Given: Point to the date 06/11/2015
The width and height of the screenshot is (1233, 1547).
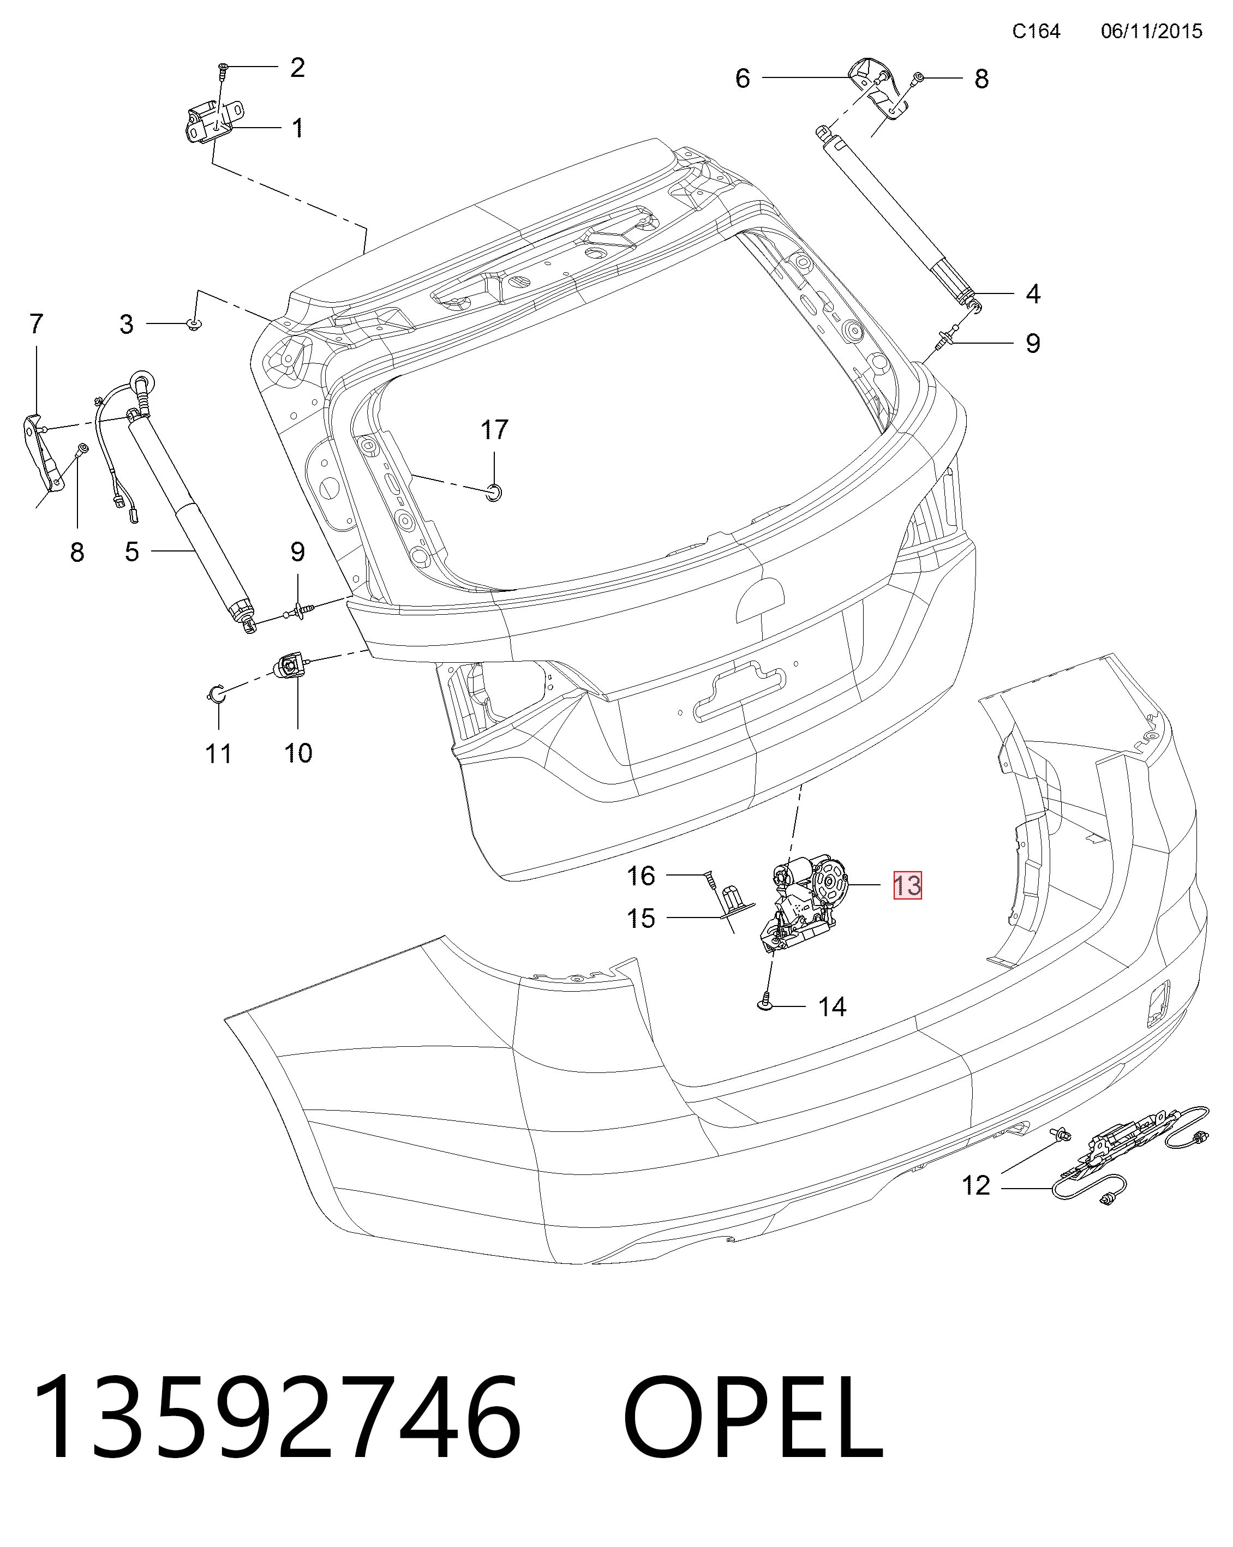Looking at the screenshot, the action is tap(1151, 31).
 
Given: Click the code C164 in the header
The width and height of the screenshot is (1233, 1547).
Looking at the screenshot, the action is tap(1036, 31).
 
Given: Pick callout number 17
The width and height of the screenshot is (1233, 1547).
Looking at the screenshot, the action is tap(494, 430).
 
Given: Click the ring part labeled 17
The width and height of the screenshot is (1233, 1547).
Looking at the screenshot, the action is tap(494, 492).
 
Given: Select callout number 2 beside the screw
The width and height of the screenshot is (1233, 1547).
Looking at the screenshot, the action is tap(297, 68).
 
